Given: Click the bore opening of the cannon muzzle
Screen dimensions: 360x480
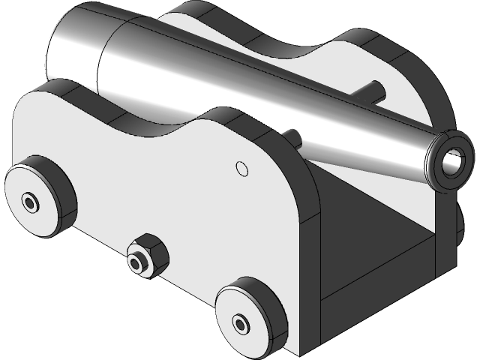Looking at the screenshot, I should coord(454,158).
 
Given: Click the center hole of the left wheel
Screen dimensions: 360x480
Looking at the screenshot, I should coord(30,202).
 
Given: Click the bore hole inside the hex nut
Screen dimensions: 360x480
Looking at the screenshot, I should coord(137,263).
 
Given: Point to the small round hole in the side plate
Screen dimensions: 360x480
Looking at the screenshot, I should coord(241,167).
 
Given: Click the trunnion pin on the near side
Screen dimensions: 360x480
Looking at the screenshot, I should coord(294,138).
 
